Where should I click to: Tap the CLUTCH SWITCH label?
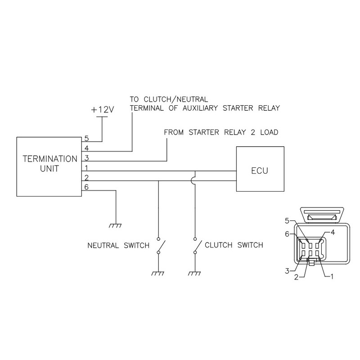click(234, 245)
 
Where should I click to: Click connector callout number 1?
click(332, 277)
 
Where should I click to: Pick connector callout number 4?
click(333, 232)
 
